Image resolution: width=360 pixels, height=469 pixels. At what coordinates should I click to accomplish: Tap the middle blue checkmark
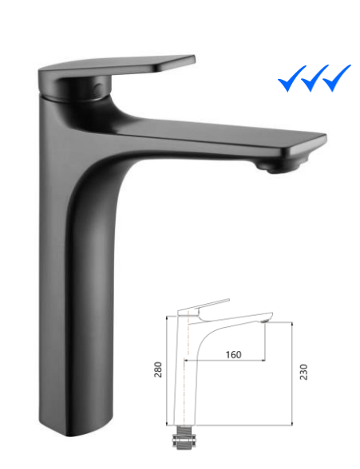point(313,80)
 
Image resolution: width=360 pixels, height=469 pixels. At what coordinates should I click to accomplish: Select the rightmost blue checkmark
point(338,79)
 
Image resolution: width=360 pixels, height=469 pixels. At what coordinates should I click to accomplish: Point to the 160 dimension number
point(233,353)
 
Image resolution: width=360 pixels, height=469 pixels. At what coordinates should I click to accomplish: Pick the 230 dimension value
point(304,371)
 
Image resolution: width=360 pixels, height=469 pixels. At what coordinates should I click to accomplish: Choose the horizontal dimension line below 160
point(231,361)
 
